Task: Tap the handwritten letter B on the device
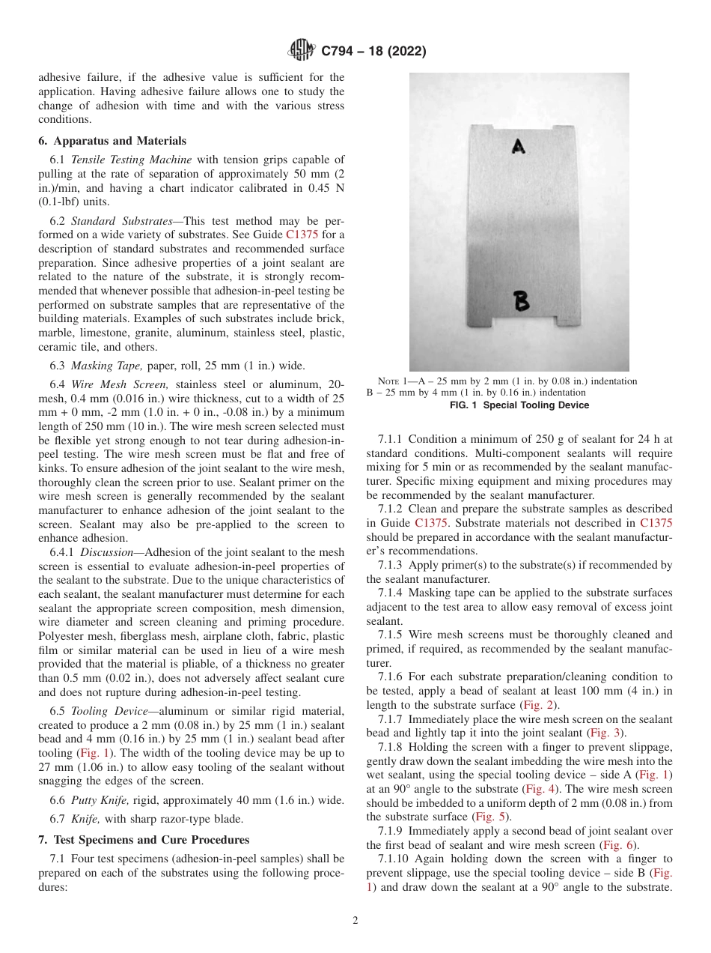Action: [522, 301]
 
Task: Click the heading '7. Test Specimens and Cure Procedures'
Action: [144, 839]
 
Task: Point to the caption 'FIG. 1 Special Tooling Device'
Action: [519, 405]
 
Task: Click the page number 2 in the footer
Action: [355, 921]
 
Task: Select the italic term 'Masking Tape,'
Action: [103, 366]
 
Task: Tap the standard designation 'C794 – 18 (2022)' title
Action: [373, 51]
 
